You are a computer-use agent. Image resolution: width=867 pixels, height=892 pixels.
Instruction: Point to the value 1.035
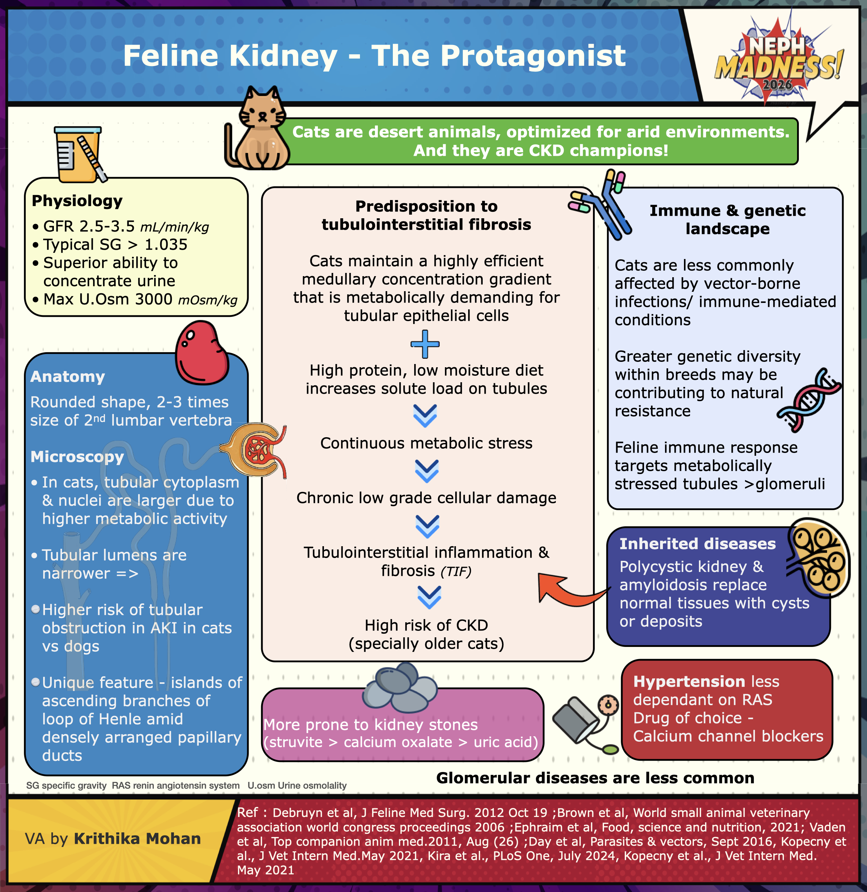(x=166, y=245)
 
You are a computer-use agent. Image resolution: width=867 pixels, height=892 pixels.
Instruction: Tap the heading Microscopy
(x=77, y=457)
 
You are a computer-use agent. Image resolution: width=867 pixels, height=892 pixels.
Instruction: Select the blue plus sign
(x=425, y=344)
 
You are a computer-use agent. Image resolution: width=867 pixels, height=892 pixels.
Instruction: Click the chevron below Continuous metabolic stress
(x=427, y=471)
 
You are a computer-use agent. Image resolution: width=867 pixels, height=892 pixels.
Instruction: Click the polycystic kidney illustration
(x=820, y=557)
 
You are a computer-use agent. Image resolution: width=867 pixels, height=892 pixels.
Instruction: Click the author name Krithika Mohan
(x=137, y=839)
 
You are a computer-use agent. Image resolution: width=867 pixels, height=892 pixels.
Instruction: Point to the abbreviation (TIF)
(x=455, y=571)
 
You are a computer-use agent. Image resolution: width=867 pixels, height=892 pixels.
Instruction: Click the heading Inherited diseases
(x=697, y=544)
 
